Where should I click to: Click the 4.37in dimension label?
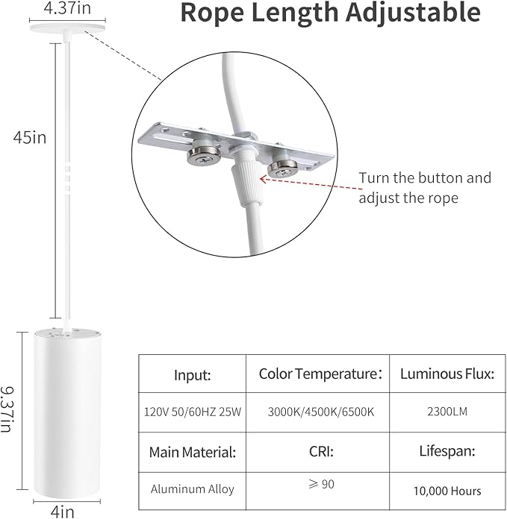pos(67,7)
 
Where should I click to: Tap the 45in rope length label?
pos(30,137)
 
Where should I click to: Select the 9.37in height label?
pos(7,409)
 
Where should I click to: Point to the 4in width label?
pos(63,512)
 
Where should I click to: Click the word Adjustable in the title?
pos(413,13)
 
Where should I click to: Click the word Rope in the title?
pos(213,13)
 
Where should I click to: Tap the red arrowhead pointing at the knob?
pos(264,179)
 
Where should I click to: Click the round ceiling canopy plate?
pos(68,29)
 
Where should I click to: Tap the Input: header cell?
pos(193,374)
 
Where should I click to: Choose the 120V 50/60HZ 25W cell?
pos(193,412)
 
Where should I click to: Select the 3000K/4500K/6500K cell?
pos(321,412)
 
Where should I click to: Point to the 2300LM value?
pos(447,412)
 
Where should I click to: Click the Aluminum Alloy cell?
pos(193,489)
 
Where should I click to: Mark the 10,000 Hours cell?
pos(447,491)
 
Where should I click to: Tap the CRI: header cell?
pos(321,451)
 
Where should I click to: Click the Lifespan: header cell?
pos(447,451)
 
